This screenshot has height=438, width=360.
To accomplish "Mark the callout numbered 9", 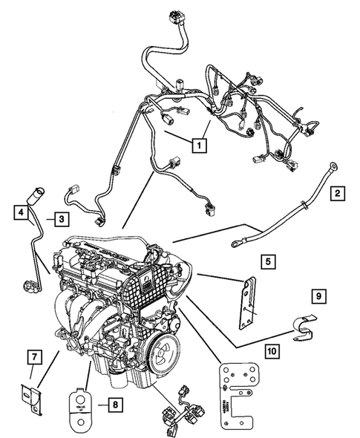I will coord(317,296).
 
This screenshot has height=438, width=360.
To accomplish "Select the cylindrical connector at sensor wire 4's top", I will coord(35,197).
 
